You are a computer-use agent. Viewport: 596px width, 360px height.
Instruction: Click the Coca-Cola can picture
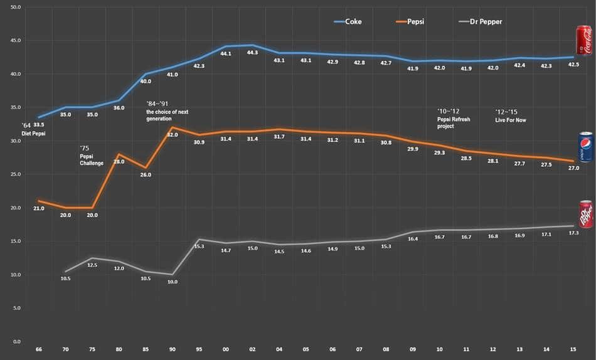pyautogui.click(x=584, y=41)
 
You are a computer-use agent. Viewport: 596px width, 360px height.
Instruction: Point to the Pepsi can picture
pyautogui.click(x=585, y=147)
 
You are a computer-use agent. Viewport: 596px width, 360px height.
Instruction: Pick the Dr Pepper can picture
pyautogui.click(x=585, y=214)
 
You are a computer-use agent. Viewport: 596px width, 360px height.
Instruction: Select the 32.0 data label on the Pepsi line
pyautogui.click(x=172, y=134)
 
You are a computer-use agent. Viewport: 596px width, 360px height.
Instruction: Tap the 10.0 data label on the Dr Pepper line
pyautogui.click(x=173, y=282)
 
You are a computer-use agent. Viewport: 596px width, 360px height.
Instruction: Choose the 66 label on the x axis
pyautogui.click(x=39, y=349)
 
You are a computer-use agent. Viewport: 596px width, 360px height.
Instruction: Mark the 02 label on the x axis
pyautogui.click(x=252, y=349)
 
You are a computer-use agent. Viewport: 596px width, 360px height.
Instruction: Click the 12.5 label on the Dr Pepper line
pyautogui.click(x=92, y=265)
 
